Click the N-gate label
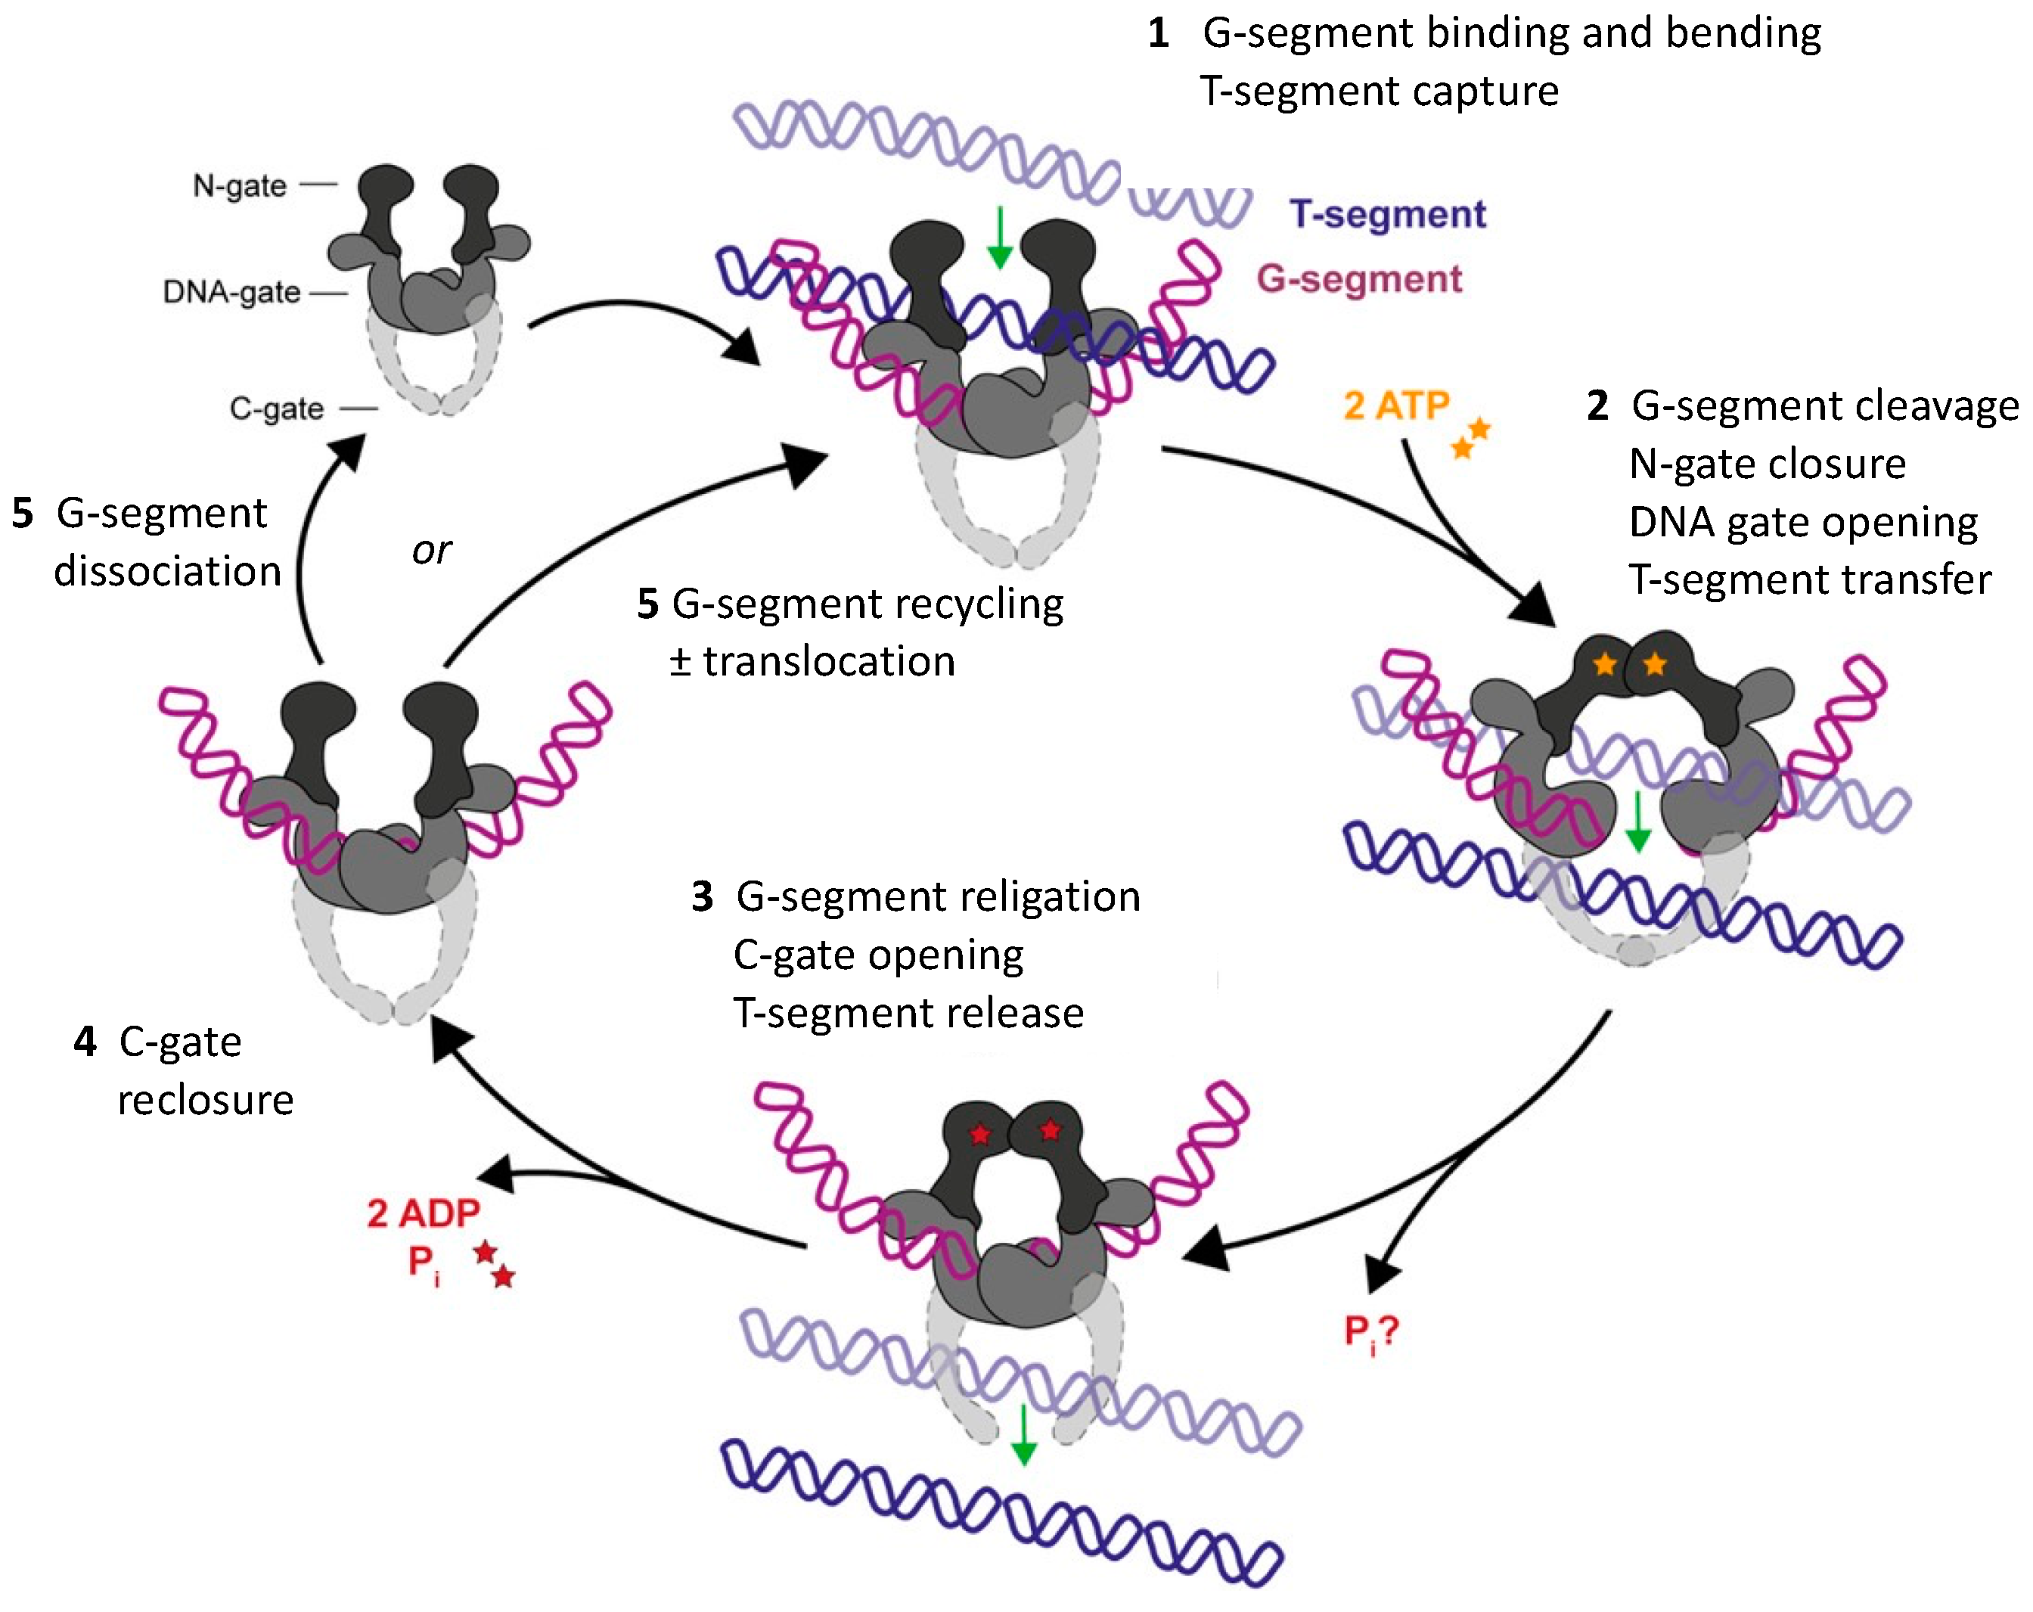(x=240, y=186)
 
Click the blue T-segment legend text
(x=1387, y=215)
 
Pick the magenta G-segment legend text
(x=1359, y=279)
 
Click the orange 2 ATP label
(x=1395, y=405)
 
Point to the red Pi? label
(x=1371, y=1332)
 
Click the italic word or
(x=432, y=551)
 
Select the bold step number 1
(x=1159, y=34)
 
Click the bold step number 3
(x=702, y=897)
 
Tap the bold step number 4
(x=85, y=1042)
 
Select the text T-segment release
(x=908, y=1013)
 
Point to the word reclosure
(x=206, y=1101)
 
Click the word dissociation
(x=168, y=573)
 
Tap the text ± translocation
(x=812, y=662)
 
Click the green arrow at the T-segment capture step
(x=1000, y=237)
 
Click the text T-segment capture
(x=1380, y=92)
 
